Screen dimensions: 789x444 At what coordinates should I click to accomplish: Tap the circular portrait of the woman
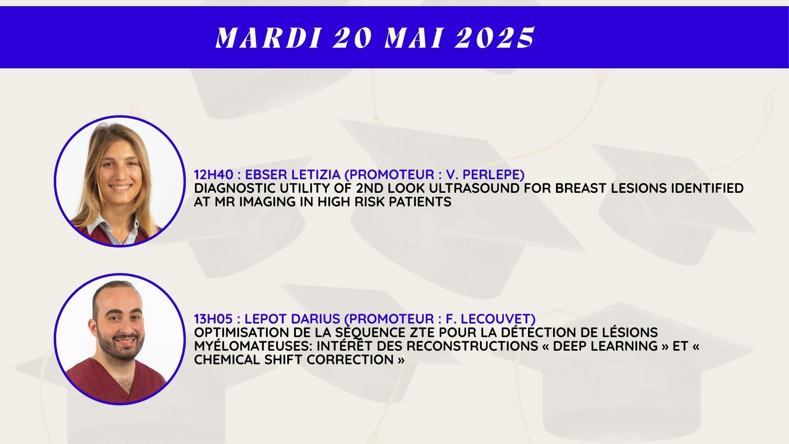click(x=120, y=181)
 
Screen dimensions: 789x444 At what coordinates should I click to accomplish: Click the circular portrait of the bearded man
click(x=120, y=339)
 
